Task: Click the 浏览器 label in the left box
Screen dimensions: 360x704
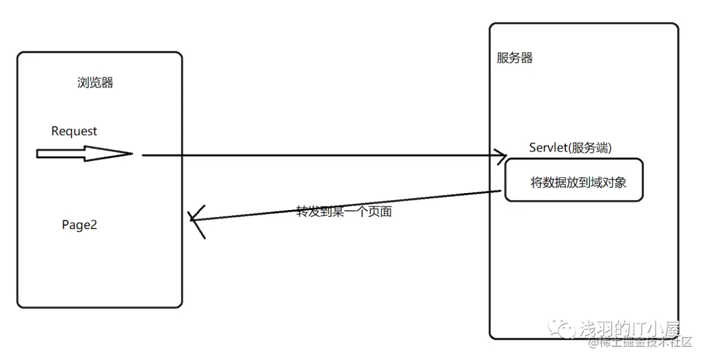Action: point(95,83)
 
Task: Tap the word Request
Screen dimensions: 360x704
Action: point(74,131)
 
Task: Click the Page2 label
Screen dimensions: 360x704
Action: point(80,225)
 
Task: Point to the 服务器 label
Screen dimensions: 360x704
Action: point(515,58)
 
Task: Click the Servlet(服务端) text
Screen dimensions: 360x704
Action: point(570,148)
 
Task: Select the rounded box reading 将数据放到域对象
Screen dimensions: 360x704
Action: point(574,180)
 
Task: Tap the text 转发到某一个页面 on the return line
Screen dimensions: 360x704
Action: point(344,211)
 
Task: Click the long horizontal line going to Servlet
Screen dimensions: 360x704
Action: point(319,155)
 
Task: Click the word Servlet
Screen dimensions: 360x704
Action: point(548,148)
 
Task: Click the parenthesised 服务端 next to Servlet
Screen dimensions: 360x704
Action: point(590,148)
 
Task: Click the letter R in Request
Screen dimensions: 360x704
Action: point(55,131)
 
